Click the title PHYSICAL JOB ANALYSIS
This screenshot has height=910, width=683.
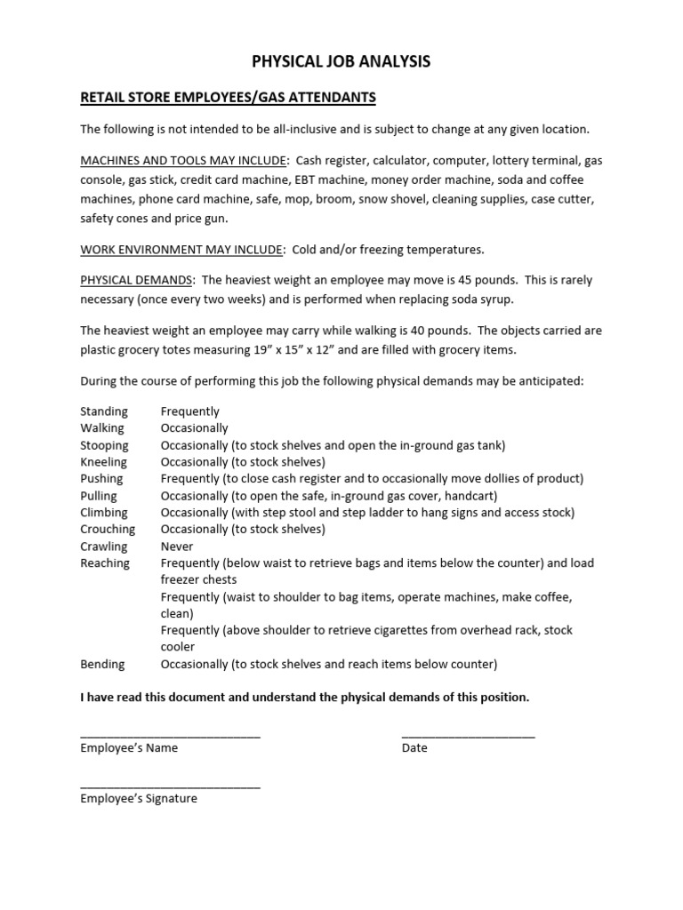[x=341, y=61]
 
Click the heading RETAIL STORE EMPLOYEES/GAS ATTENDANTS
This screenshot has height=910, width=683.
[x=229, y=97]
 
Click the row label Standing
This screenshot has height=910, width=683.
[x=104, y=411]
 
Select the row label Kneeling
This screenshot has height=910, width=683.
[x=104, y=462]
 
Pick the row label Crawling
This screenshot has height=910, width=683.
[x=104, y=547]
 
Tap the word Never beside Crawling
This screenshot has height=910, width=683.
[x=177, y=547]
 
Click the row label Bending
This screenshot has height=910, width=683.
[x=103, y=664]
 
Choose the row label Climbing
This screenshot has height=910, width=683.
[x=104, y=513]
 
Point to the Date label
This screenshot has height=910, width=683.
[x=414, y=748]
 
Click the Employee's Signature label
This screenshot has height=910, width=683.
[x=139, y=799]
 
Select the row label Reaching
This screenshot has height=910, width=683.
[x=105, y=563]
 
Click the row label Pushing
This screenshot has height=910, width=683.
[x=101, y=479]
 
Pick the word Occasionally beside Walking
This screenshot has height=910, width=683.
[x=194, y=428]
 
